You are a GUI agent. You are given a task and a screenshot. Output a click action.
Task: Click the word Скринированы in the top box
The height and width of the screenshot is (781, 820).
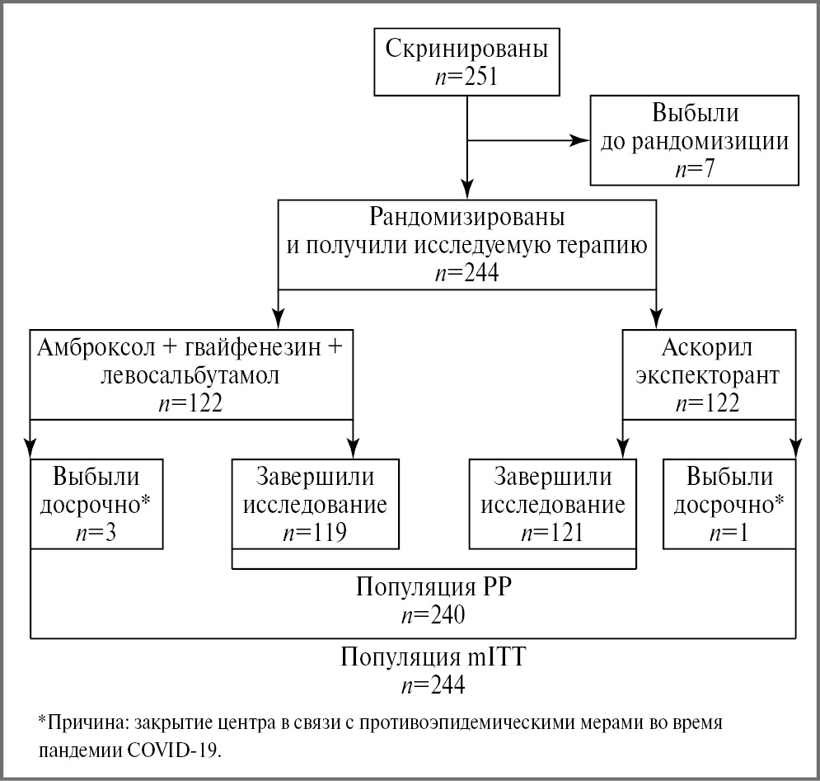(467, 49)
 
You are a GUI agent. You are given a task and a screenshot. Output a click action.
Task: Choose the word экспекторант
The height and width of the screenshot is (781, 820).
(708, 375)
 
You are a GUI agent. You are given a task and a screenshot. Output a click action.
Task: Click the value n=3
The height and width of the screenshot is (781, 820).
(97, 532)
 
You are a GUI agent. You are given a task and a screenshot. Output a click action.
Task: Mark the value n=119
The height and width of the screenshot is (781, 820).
(314, 532)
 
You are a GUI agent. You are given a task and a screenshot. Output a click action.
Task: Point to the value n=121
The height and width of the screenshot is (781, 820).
(552, 532)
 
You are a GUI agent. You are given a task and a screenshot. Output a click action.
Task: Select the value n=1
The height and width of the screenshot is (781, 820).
(729, 532)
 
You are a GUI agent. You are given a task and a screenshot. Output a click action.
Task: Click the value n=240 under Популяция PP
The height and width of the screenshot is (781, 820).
(433, 615)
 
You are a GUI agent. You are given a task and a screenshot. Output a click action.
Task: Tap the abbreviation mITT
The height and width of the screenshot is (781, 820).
(491, 659)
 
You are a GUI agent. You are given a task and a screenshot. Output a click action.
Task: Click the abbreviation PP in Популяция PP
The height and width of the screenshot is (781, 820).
(494, 587)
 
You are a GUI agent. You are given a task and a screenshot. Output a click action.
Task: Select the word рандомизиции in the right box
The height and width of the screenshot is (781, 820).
(710, 141)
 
